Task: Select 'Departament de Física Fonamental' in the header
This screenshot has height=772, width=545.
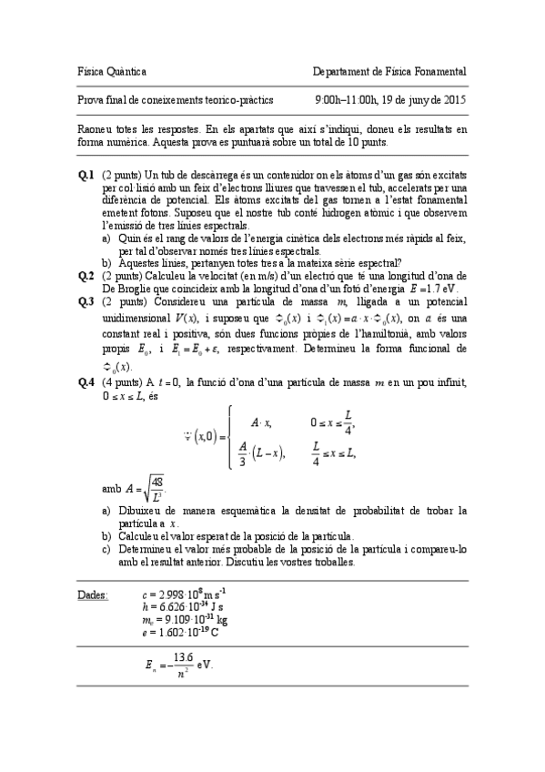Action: click(x=389, y=71)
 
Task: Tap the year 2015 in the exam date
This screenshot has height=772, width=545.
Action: click(x=454, y=100)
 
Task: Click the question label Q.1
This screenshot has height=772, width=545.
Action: click(x=86, y=174)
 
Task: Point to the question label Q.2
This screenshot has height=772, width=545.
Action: click(x=86, y=275)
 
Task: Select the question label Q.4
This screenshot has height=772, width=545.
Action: click(x=86, y=384)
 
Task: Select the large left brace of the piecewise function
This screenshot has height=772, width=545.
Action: click(x=230, y=436)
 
